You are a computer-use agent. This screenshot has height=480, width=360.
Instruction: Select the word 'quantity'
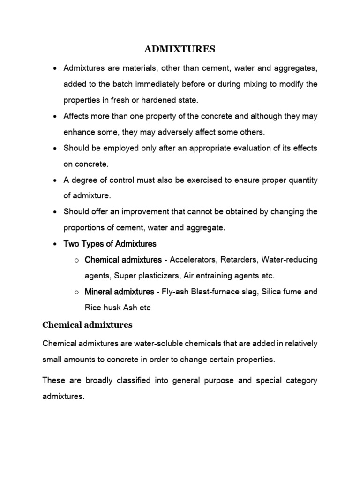[301, 180]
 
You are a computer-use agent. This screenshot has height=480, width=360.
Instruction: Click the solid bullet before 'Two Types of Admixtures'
[55, 244]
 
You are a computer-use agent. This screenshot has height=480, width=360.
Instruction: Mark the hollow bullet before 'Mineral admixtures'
[75, 292]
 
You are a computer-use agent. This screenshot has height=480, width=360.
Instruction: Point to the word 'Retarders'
[239, 260]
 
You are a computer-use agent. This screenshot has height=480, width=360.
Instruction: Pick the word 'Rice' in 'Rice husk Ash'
[93, 307]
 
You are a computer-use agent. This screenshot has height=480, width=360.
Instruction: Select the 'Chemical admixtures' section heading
[88, 324]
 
